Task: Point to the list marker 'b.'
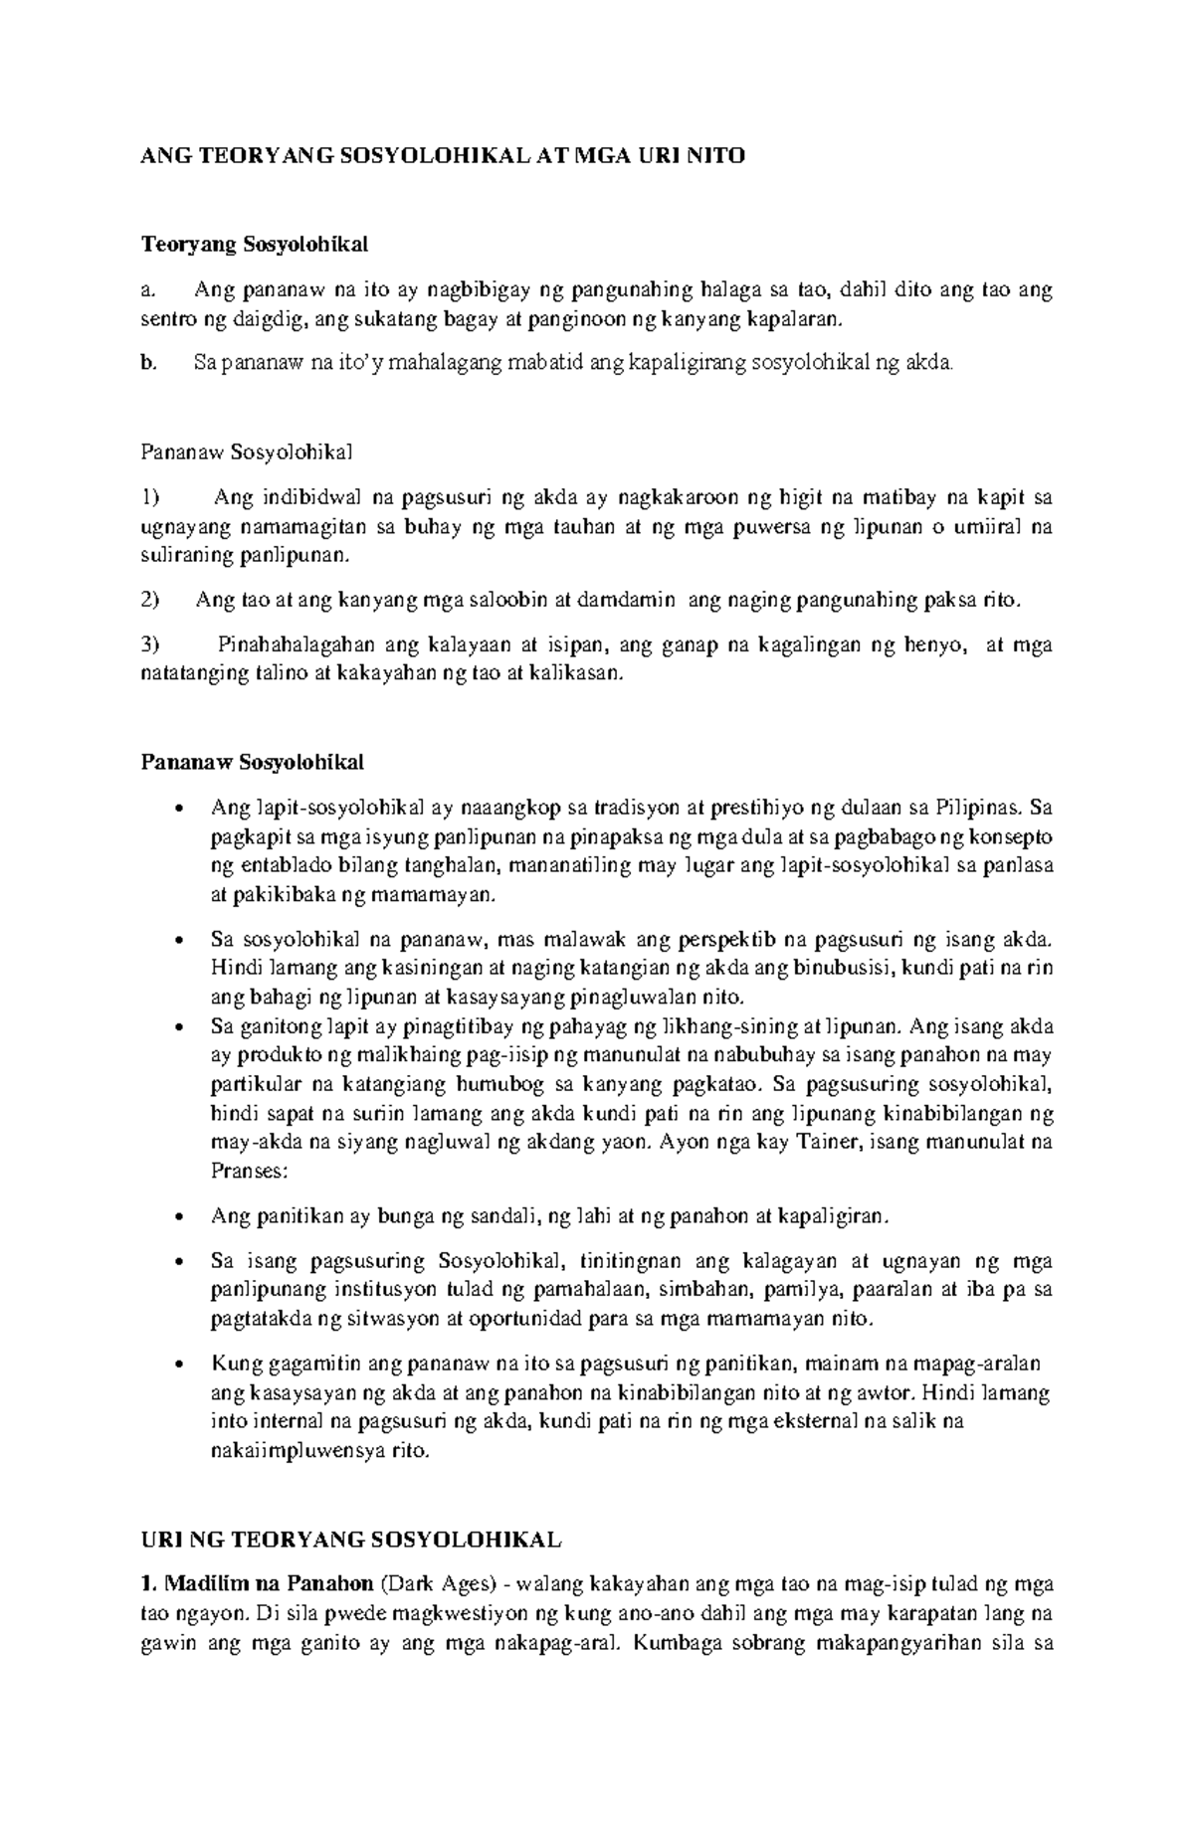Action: click(148, 364)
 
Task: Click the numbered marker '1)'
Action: click(150, 497)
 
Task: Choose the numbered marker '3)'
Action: click(150, 644)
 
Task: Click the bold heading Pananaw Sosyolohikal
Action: click(252, 763)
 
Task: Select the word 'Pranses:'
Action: click(249, 1171)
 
